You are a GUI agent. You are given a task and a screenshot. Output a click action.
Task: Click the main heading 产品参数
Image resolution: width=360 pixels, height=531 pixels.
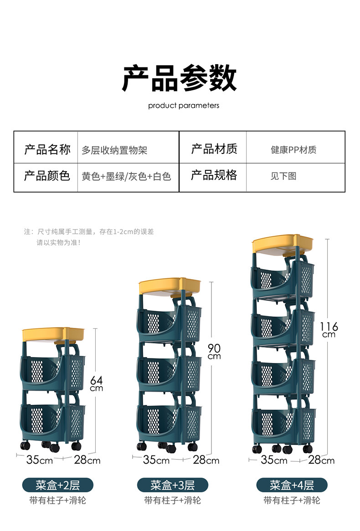click(180, 78)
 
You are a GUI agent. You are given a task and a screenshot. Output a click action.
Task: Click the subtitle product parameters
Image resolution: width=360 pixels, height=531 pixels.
click(184, 106)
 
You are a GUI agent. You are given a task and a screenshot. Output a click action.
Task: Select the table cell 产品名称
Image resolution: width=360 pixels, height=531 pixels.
click(47, 149)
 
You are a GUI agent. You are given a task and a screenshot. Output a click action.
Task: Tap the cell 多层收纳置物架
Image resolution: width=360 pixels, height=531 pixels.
click(114, 150)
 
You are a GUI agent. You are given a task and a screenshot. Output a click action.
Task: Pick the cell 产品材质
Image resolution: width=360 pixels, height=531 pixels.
click(214, 149)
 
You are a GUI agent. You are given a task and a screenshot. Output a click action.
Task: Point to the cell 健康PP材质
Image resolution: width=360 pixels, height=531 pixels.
click(293, 150)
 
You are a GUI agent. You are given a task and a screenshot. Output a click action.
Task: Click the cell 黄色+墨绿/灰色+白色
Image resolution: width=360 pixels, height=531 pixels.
click(126, 176)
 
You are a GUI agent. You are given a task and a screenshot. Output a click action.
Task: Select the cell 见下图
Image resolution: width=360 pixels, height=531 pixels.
click(283, 176)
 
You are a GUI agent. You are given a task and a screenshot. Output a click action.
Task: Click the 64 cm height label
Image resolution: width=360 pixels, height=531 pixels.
click(96, 383)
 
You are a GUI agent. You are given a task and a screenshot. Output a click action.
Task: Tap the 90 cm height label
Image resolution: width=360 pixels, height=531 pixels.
click(214, 351)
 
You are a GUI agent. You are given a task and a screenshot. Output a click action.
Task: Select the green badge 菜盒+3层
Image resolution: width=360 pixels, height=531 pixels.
click(172, 485)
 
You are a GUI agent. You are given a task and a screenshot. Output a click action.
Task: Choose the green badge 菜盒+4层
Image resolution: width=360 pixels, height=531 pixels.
click(292, 485)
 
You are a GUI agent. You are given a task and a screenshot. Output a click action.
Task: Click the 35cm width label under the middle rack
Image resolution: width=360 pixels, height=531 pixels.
click(156, 460)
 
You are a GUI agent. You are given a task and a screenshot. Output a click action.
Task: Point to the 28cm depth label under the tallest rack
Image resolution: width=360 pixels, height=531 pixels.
click(321, 460)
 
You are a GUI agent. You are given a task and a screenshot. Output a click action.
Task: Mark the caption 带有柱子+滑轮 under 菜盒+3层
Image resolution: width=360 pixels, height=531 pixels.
click(172, 500)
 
